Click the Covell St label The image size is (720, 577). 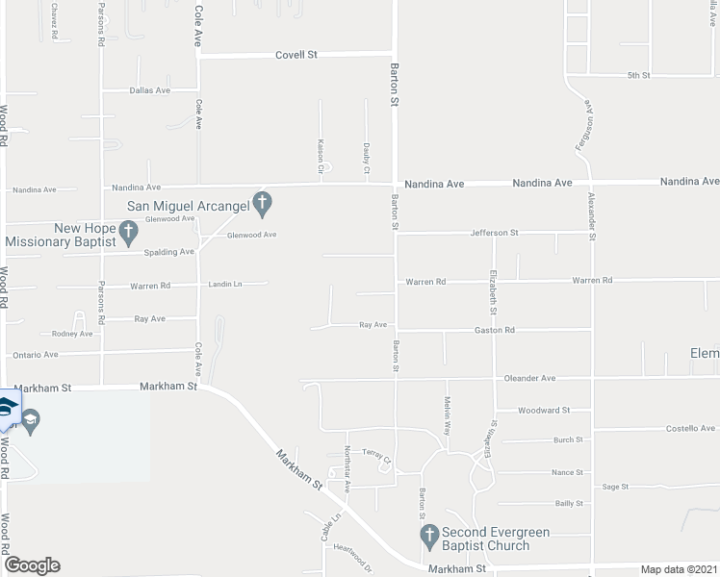point(296,56)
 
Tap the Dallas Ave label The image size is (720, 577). point(149,90)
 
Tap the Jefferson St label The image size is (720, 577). point(494,233)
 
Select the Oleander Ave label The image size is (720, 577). point(529,378)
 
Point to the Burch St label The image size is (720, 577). point(568,439)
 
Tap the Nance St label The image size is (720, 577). point(567,472)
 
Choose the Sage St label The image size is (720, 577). point(615,487)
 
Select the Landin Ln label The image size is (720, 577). point(225,285)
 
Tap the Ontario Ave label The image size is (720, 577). point(36,355)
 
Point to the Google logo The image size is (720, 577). point(31,565)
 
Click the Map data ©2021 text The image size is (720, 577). point(679,569)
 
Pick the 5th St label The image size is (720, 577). point(639,75)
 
